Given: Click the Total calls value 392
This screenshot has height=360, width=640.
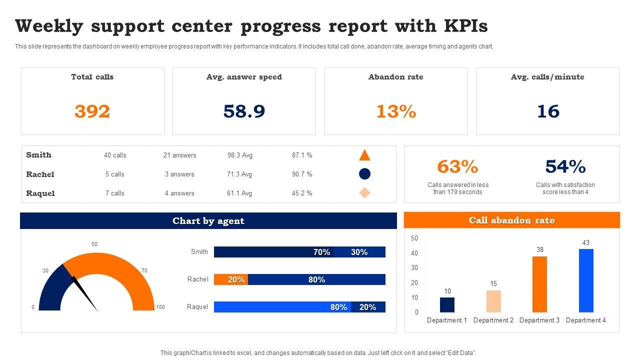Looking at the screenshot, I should pyautogui.click(x=92, y=111).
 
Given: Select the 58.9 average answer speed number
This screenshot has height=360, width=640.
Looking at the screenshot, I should pyautogui.click(x=244, y=111).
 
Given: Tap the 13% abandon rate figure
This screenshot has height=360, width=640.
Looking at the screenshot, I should pyautogui.click(x=396, y=111).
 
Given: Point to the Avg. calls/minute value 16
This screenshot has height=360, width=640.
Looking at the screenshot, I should pyautogui.click(x=548, y=111).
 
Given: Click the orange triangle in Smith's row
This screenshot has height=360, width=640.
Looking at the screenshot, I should pyautogui.click(x=364, y=155).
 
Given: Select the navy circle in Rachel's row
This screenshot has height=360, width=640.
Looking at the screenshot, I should pyautogui.click(x=365, y=174).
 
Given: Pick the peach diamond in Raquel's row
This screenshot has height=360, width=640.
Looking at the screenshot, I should pyautogui.click(x=365, y=193).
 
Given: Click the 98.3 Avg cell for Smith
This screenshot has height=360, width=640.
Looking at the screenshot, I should pyautogui.click(x=240, y=155).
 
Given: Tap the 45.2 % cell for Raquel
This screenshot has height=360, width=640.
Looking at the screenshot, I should pyautogui.click(x=302, y=193).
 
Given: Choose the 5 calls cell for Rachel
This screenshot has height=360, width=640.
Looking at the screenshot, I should pyautogui.click(x=115, y=174).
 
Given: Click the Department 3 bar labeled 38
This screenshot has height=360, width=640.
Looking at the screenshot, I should pyautogui.click(x=539, y=284).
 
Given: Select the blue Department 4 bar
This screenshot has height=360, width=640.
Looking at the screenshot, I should pyautogui.click(x=586, y=280).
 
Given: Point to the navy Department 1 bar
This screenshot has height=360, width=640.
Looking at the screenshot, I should pyautogui.click(x=447, y=305).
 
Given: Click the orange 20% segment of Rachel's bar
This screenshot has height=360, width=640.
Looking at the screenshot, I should pyautogui.click(x=231, y=279).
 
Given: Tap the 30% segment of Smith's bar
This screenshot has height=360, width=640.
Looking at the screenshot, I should pyautogui.click(x=359, y=252).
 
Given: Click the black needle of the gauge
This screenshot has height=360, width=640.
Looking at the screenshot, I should pyautogui.click(x=85, y=294).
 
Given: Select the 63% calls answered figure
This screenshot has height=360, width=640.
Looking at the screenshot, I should pyautogui.click(x=457, y=166).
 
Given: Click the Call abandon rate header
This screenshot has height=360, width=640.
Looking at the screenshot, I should pyautogui.click(x=511, y=220).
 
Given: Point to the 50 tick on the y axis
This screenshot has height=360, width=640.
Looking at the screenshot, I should pyautogui.click(x=414, y=238).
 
